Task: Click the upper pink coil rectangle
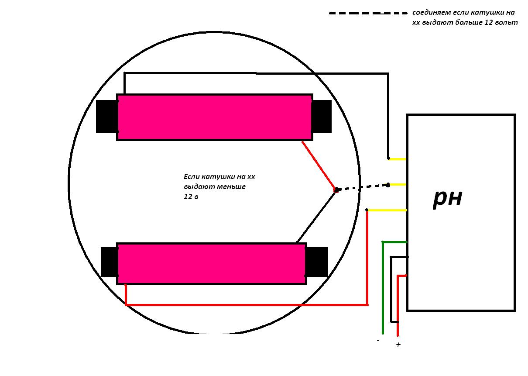[x=214, y=117]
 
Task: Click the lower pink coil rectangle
[x=211, y=264]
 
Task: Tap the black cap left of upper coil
[x=106, y=116]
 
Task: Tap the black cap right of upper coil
[x=322, y=116]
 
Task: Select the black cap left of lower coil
[x=109, y=262]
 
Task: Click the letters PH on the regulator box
[x=448, y=198]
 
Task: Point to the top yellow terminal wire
[x=398, y=159]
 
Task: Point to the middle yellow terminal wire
[x=398, y=185]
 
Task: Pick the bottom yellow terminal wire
[x=387, y=210]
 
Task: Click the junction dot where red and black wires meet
[x=336, y=190]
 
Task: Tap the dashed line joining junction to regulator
[x=362, y=187]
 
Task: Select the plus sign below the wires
[x=398, y=345]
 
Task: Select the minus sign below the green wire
[x=378, y=340]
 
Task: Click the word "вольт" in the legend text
[x=507, y=23]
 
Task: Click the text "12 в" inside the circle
[x=191, y=197]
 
